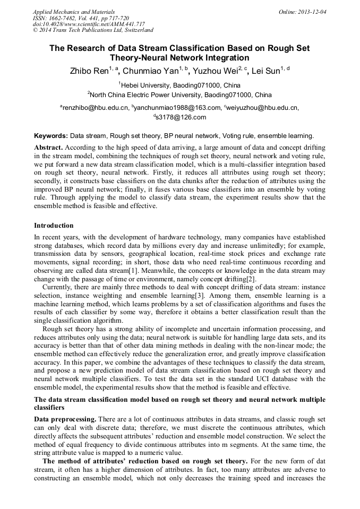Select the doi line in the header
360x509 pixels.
(x=89, y=24)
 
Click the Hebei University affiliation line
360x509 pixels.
(x=180, y=85)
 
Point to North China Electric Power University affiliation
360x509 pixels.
(x=180, y=96)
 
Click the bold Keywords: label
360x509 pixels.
(x=51, y=135)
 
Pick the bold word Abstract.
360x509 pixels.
(x=48, y=147)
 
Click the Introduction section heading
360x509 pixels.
(x=54, y=226)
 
